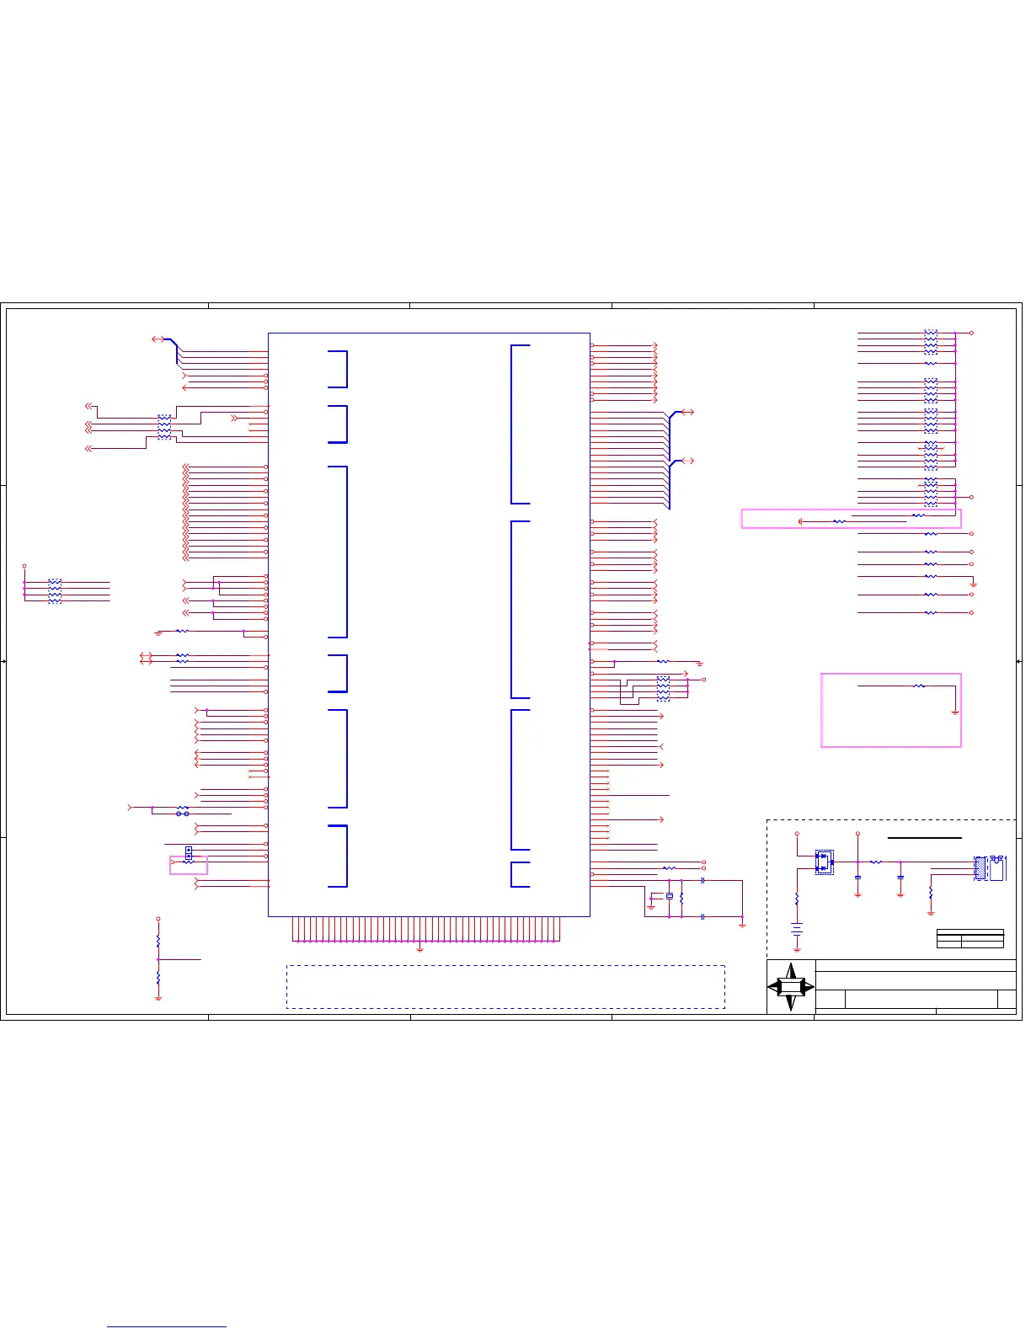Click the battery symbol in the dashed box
click(x=797, y=930)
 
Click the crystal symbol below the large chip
click(x=670, y=896)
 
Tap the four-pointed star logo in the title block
click(x=791, y=987)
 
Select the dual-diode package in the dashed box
click(x=824, y=862)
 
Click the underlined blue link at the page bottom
click(x=167, y=1327)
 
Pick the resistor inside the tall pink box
click(x=919, y=686)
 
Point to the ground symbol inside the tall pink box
click(x=955, y=712)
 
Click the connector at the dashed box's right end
click(x=990, y=868)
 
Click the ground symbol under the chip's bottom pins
click(x=419, y=948)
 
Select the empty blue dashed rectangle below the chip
click(x=505, y=986)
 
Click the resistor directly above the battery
click(x=797, y=899)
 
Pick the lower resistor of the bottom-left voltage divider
click(x=158, y=979)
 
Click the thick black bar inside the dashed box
click(x=925, y=838)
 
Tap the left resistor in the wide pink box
click(x=839, y=522)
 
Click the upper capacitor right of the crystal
click(x=702, y=881)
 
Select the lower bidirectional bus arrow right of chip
click(x=687, y=461)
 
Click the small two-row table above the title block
click(x=970, y=938)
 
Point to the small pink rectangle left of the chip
click(x=188, y=865)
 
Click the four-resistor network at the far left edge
click(x=55, y=590)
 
